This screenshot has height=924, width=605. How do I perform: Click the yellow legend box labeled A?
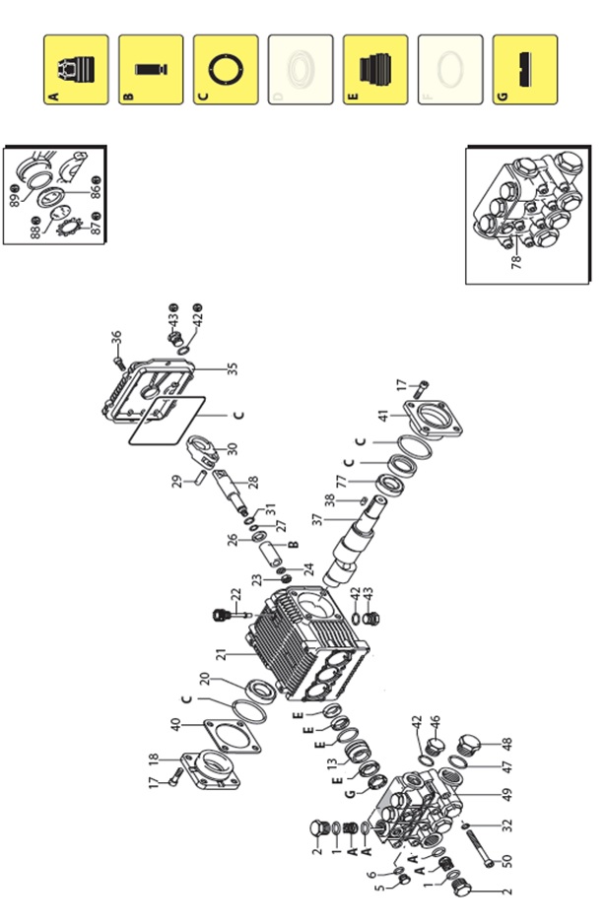(x=76, y=70)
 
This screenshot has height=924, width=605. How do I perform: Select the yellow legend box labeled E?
(x=375, y=70)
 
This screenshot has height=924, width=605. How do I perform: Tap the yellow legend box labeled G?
(x=525, y=70)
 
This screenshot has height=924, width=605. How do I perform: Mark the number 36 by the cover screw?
(x=115, y=340)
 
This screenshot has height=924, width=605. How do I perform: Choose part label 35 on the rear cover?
(x=233, y=368)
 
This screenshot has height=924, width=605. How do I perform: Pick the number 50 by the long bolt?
(x=507, y=860)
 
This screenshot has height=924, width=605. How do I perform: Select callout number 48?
(x=507, y=744)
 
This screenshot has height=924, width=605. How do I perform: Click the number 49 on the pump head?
(x=507, y=793)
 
